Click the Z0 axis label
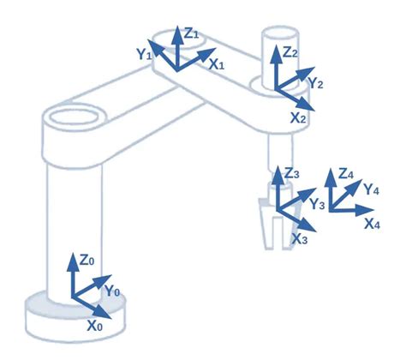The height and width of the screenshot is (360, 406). pos(87,260)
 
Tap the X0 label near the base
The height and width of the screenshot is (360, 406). pos(95,326)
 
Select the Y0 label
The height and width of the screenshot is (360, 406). pos(112,291)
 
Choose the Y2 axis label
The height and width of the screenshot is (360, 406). pos(316,83)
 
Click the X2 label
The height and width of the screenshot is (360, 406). pos(297,117)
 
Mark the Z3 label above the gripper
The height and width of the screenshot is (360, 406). pos(292,174)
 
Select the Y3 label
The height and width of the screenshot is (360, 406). pos(317,204)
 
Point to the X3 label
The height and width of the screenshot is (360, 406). pos(299,239)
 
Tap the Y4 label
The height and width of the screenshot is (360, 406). pos(372,189)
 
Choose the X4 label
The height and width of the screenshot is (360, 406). pos(373,225)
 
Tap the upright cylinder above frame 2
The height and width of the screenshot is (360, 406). pos(276,51)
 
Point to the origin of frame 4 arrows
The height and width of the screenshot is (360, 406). pos(332,209)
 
